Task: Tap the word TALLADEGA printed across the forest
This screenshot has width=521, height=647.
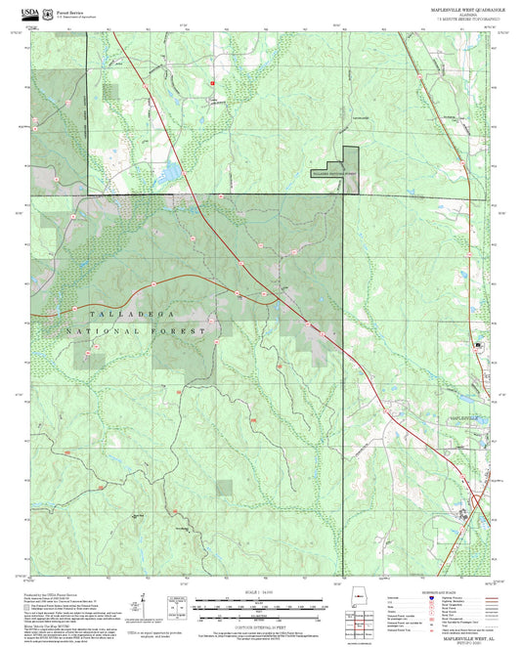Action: click(128, 314)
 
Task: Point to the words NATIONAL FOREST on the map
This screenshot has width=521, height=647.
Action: click(138, 332)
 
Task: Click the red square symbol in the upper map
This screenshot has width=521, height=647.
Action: click(210, 83)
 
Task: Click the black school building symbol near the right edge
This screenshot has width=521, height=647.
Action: click(478, 346)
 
